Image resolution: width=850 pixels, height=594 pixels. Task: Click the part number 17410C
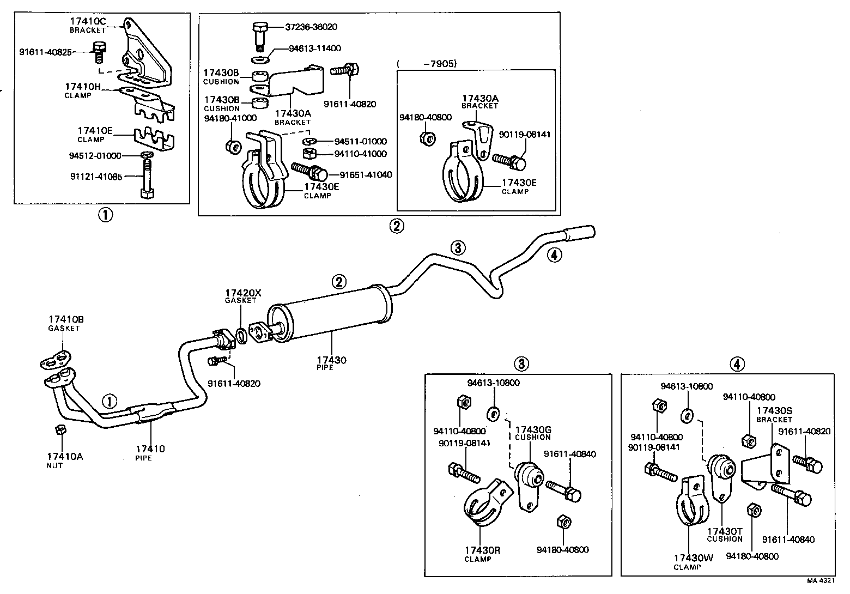click(x=88, y=21)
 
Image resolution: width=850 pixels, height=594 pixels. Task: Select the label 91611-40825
click(x=46, y=53)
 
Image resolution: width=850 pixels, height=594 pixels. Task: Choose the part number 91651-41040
click(x=366, y=175)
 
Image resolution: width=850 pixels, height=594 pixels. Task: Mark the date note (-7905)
click(x=427, y=64)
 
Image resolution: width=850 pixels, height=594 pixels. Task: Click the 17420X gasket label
click(x=244, y=293)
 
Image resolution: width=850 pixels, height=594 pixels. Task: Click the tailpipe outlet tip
click(x=580, y=233)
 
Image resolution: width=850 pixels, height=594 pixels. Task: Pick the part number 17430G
click(x=533, y=430)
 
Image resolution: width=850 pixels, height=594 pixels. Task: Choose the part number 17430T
click(x=725, y=531)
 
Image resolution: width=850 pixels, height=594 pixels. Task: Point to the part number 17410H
click(x=83, y=87)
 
